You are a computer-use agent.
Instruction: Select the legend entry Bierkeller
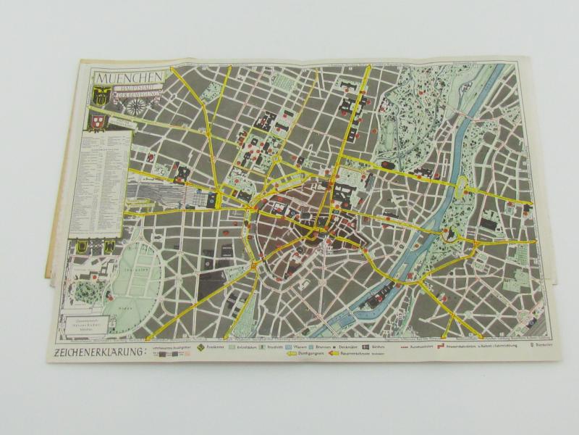pyautogui.click(x=544, y=347)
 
